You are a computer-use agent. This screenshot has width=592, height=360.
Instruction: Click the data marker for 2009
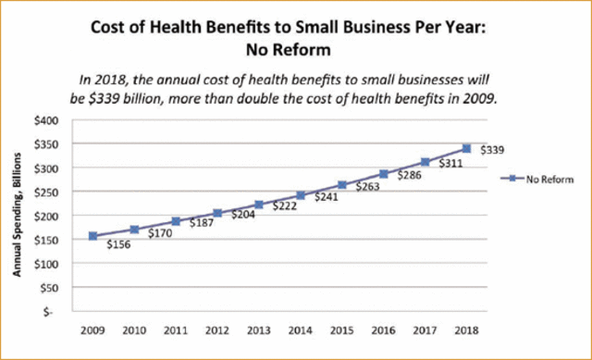point(92,236)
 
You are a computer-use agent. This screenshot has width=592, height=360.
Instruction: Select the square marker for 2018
point(466,148)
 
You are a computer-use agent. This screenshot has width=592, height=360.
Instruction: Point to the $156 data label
point(118,246)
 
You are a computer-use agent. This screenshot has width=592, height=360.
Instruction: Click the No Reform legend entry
point(537,178)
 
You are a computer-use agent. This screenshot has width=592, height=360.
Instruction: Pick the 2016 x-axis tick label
point(383,329)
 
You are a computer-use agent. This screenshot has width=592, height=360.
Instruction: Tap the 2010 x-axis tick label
point(133,329)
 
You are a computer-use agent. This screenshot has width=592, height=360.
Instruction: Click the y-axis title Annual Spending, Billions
point(17,217)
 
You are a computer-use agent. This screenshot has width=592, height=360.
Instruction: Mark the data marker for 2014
point(300,195)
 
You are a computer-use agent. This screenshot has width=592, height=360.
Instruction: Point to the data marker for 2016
point(383,173)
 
